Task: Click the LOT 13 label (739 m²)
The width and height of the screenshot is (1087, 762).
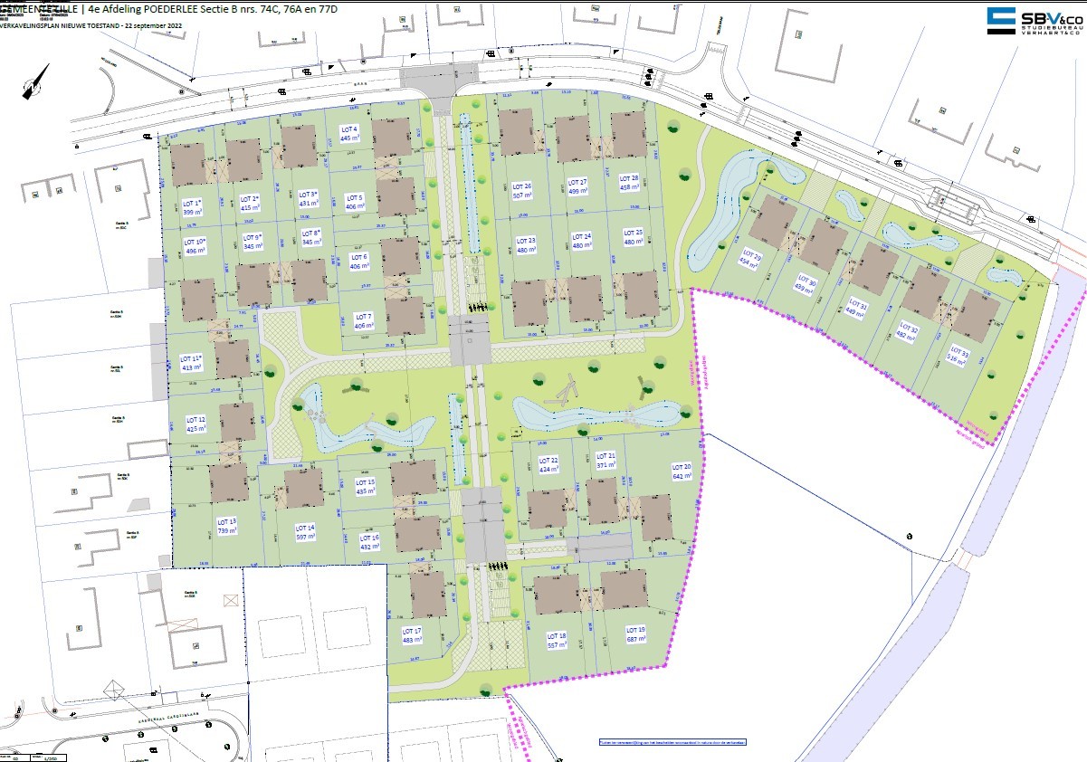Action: click(x=226, y=526)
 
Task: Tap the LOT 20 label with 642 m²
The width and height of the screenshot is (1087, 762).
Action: click(x=682, y=471)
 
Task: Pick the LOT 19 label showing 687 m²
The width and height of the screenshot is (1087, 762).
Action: click(x=636, y=633)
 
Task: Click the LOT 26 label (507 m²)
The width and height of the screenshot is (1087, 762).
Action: click(x=522, y=191)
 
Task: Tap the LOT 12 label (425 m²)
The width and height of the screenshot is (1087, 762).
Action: click(x=196, y=424)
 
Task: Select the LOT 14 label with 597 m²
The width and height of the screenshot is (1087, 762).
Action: click(x=305, y=532)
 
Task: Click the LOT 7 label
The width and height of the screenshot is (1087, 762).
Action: click(x=364, y=321)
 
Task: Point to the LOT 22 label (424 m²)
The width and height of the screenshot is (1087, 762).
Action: click(x=549, y=466)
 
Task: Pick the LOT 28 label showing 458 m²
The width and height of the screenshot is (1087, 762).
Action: click(x=629, y=183)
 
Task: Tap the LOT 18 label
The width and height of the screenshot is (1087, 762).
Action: click(x=557, y=641)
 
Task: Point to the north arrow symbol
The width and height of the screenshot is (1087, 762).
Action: click(x=35, y=82)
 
